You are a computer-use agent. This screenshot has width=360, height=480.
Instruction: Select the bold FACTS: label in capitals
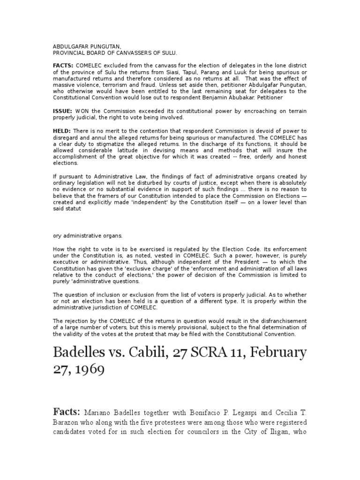pos(63,66)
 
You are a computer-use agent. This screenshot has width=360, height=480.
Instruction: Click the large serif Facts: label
pos(66,412)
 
